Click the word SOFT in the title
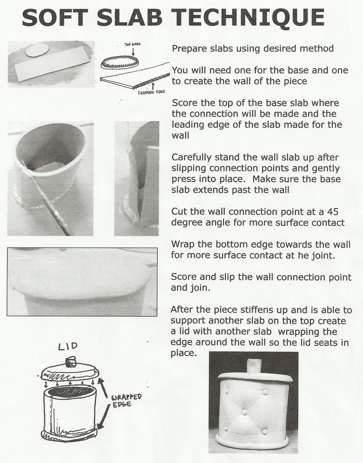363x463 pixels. click(52, 18)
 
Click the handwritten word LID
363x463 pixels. click(68, 346)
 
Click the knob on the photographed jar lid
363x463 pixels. click(253, 365)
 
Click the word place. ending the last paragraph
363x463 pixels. click(181, 353)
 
